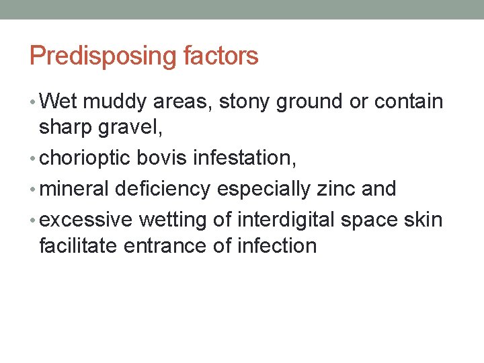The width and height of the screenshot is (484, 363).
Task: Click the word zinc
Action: pos(335,188)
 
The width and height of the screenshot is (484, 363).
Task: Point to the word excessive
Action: pos(87,219)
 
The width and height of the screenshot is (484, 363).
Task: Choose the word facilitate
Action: pos(79,245)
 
